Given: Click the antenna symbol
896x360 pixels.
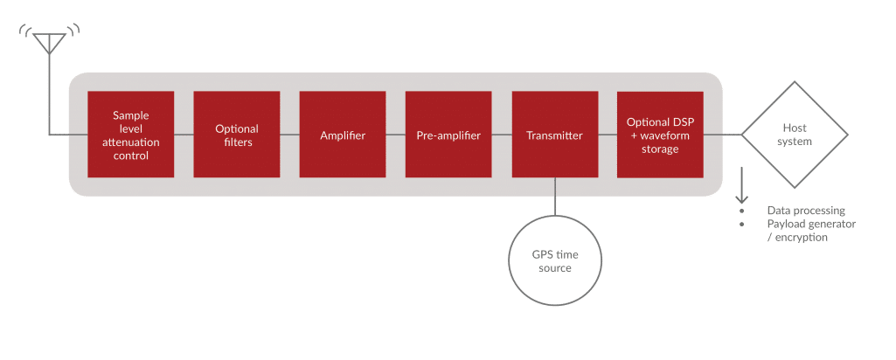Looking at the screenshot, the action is pyautogui.click(x=49, y=44).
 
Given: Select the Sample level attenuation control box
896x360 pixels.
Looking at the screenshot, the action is pyautogui.click(x=131, y=135).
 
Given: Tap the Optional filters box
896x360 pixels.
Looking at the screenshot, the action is pyautogui.click(x=237, y=135).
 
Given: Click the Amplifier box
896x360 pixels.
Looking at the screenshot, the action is pyautogui.click(x=343, y=135).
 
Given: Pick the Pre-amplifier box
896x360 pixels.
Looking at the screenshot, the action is pyautogui.click(x=448, y=135).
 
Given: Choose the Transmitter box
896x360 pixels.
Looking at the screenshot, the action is pyautogui.click(x=555, y=135).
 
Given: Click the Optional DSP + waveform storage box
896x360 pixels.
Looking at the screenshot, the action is pyautogui.click(x=660, y=135).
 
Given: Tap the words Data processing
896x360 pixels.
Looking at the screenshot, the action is pyautogui.click(x=806, y=211).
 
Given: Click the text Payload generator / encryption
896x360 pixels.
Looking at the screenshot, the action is pyautogui.click(x=811, y=231).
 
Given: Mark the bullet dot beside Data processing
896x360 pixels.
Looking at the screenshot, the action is pyautogui.click(x=742, y=211).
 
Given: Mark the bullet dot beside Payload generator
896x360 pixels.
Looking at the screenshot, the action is pyautogui.click(x=742, y=224).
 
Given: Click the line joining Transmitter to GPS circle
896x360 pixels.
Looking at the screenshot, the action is pyautogui.click(x=555, y=197).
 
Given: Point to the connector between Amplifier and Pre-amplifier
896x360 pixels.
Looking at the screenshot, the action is pyautogui.click(x=396, y=135).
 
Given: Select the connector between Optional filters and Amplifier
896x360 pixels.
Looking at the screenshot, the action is pyautogui.click(x=289, y=135).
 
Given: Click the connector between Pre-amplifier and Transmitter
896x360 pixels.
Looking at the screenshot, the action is pyautogui.click(x=502, y=135).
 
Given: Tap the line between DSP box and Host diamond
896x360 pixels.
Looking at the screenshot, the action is pyautogui.click(x=722, y=135).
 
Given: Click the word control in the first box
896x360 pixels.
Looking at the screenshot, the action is pyautogui.click(x=131, y=156).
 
